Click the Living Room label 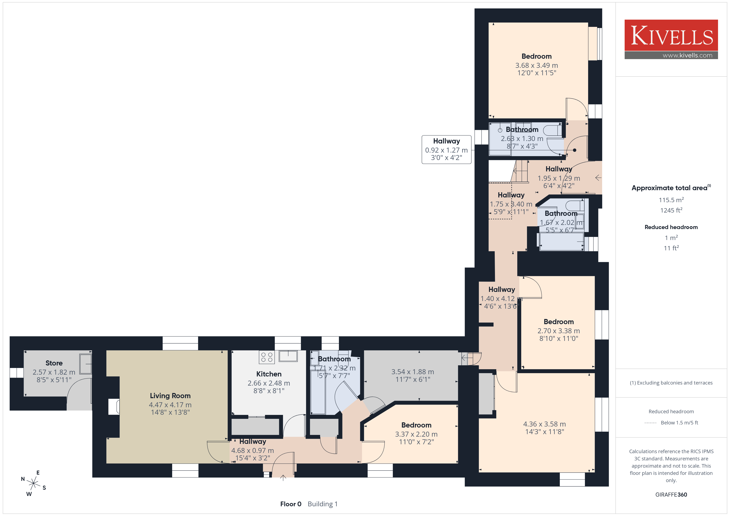[170, 395]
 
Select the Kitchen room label [269, 374]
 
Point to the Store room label [54, 363]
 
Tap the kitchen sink [288, 356]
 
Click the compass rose [33, 483]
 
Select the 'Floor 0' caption [291, 504]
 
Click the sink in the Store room [85, 364]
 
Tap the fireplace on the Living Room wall [114, 407]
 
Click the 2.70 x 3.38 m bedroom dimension [559, 331]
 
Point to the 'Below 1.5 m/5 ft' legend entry [680, 423]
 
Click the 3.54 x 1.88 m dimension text [413, 372]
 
